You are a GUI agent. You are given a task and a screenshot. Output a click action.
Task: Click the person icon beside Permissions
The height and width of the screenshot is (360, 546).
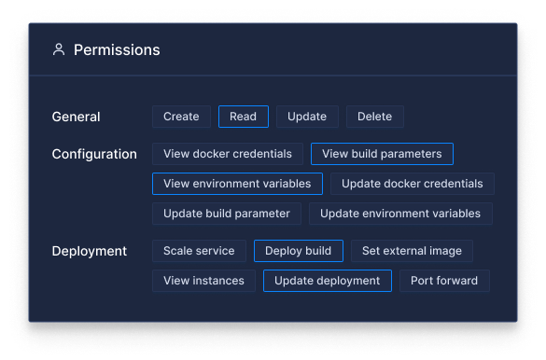pyautogui.click(x=59, y=50)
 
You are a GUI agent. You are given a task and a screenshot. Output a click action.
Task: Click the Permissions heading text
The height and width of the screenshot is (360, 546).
pyautogui.click(x=117, y=50)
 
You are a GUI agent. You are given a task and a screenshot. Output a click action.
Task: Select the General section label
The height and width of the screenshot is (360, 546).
pyautogui.click(x=77, y=117)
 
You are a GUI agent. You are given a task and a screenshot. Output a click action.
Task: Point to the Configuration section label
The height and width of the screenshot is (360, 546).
pyautogui.click(x=94, y=154)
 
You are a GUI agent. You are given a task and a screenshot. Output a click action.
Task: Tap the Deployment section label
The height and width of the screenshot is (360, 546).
pyautogui.click(x=90, y=251)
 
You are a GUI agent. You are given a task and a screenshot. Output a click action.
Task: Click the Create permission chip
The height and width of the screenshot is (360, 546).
pyautogui.click(x=181, y=117)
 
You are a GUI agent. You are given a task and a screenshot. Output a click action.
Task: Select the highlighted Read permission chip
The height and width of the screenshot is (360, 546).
pyautogui.click(x=244, y=117)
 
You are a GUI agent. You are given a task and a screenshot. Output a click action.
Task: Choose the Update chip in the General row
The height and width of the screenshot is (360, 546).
pyautogui.click(x=307, y=117)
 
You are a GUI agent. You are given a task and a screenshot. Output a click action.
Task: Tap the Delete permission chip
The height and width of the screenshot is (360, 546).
pyautogui.click(x=375, y=117)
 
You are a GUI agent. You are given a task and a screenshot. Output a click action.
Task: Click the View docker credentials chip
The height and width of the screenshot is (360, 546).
pyautogui.click(x=228, y=154)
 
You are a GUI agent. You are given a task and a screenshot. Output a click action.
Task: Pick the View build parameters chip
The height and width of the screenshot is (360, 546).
pyautogui.click(x=382, y=154)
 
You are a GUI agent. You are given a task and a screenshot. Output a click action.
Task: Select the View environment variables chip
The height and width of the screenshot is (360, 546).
pyautogui.click(x=237, y=184)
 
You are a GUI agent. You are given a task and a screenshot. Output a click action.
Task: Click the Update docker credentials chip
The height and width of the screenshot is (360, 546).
pyautogui.click(x=412, y=184)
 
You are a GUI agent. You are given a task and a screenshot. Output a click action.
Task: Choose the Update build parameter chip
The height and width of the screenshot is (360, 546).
pyautogui.click(x=227, y=214)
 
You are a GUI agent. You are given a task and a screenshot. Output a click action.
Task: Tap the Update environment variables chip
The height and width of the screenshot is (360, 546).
pyautogui.click(x=400, y=214)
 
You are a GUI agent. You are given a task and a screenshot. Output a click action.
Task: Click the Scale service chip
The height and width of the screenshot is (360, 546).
pyautogui.click(x=200, y=251)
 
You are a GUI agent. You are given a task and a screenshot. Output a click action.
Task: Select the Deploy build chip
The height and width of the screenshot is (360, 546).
pyautogui.click(x=299, y=251)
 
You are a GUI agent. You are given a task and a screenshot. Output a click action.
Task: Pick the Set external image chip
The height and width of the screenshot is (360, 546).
pyautogui.click(x=412, y=251)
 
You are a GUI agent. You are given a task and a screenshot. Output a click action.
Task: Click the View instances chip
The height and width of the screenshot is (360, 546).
pyautogui.click(x=203, y=281)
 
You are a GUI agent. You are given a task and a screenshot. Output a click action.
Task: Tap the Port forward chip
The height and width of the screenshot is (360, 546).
pyautogui.click(x=444, y=281)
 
